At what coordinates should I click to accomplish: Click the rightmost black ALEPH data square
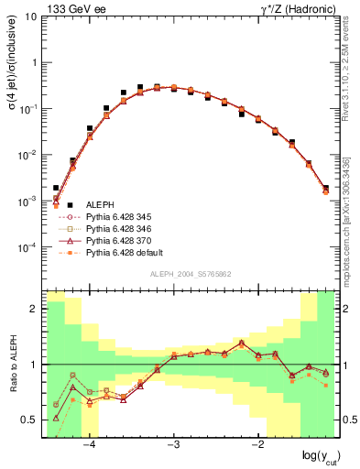(325, 188)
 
